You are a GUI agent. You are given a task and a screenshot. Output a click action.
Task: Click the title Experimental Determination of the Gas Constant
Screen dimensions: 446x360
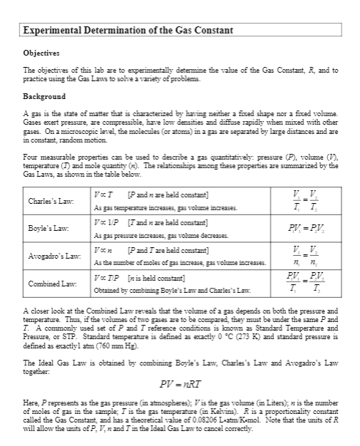128,31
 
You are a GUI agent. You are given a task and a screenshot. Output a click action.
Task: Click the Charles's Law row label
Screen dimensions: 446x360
48,201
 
